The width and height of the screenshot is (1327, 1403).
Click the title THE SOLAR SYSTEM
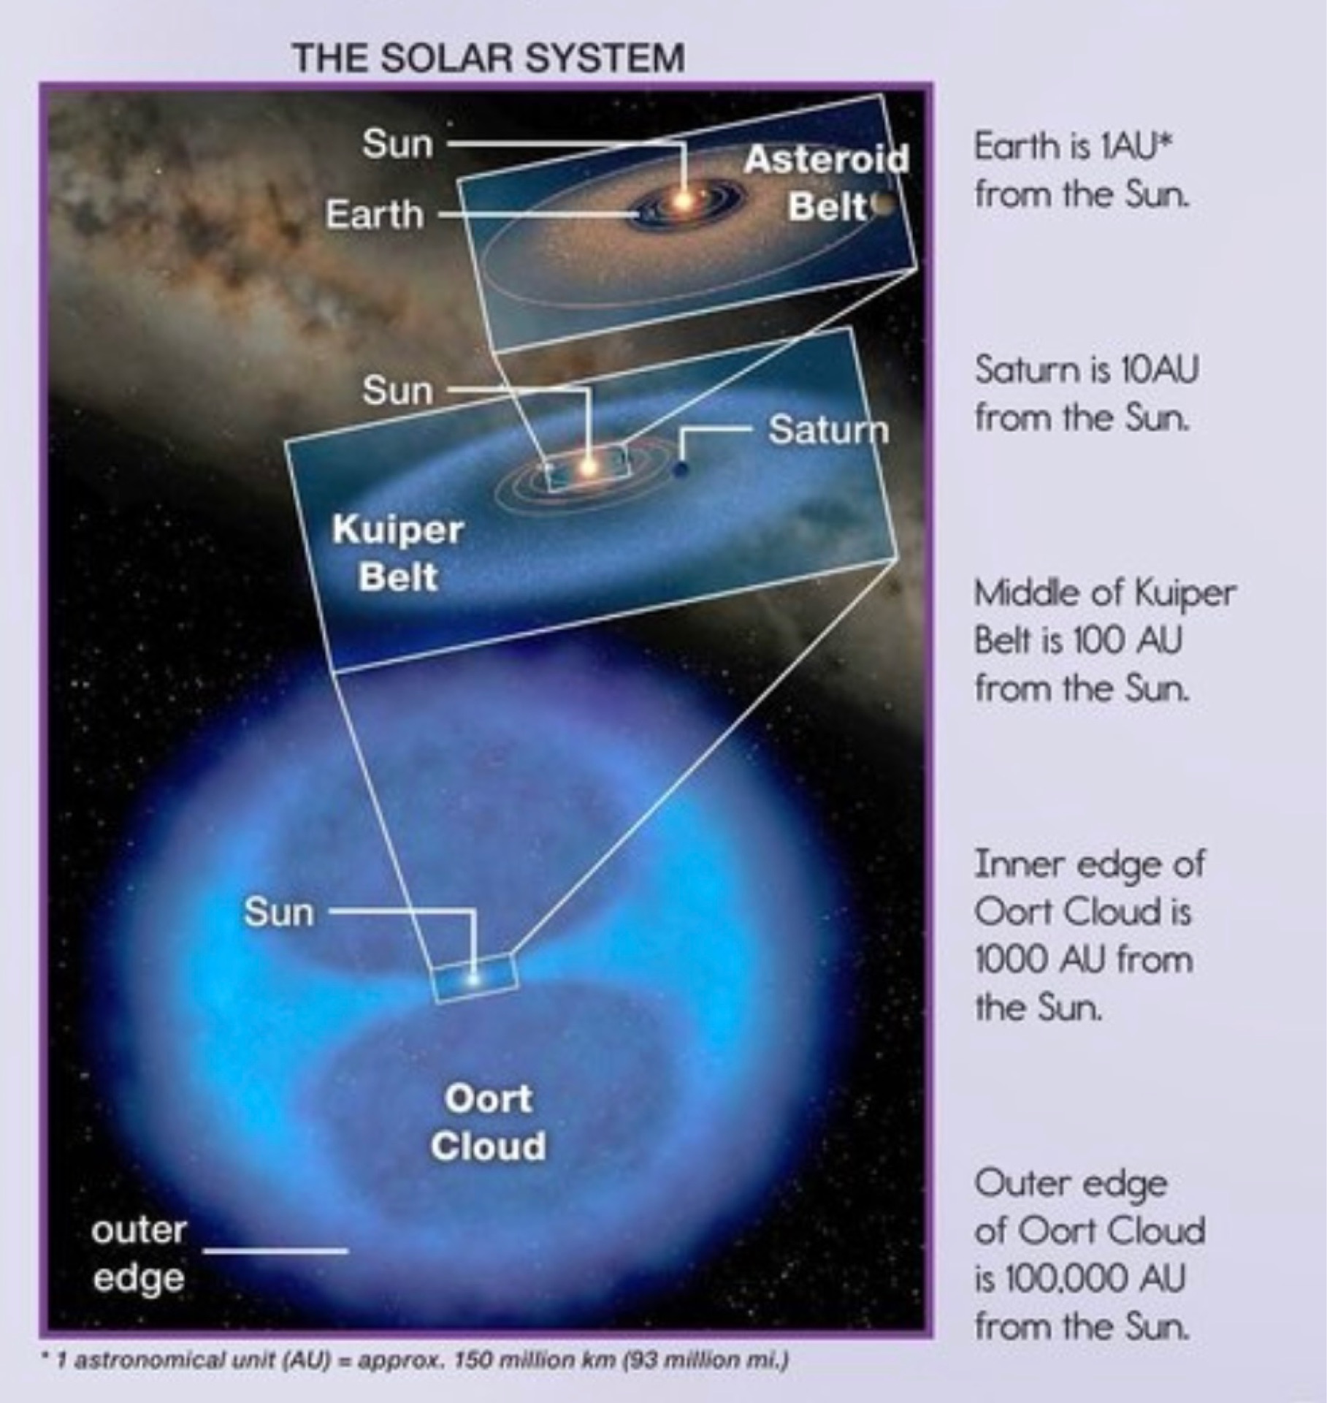click(488, 58)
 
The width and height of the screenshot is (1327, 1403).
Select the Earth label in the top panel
click(375, 214)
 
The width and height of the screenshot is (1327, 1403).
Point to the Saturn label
click(828, 430)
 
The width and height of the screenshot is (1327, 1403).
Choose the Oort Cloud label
click(488, 1123)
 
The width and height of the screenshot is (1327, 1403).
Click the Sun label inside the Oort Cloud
click(279, 912)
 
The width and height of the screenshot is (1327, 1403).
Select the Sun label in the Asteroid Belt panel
click(398, 144)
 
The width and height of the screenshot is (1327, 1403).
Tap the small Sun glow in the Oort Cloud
click(473, 978)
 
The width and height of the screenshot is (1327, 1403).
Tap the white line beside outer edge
click(275, 1250)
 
